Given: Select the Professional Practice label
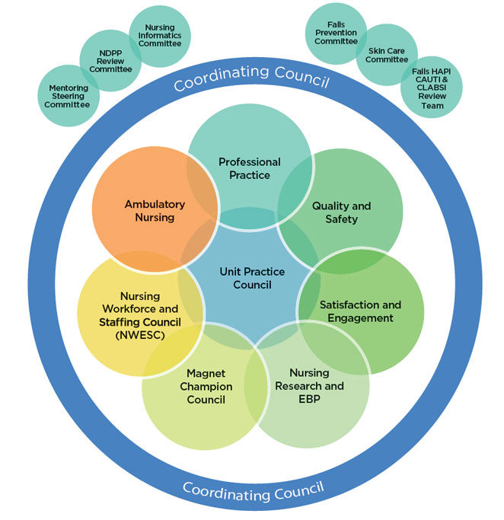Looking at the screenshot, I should pos(249,168).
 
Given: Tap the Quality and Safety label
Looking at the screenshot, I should pos(341,212).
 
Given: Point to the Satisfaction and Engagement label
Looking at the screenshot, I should pos(360,311).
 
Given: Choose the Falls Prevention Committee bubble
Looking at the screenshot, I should pos(336,34).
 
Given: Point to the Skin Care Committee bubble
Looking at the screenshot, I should pos(387,54).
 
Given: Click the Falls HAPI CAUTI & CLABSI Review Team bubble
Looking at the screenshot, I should pos(432,88).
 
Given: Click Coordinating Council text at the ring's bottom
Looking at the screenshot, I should pos(254,487).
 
